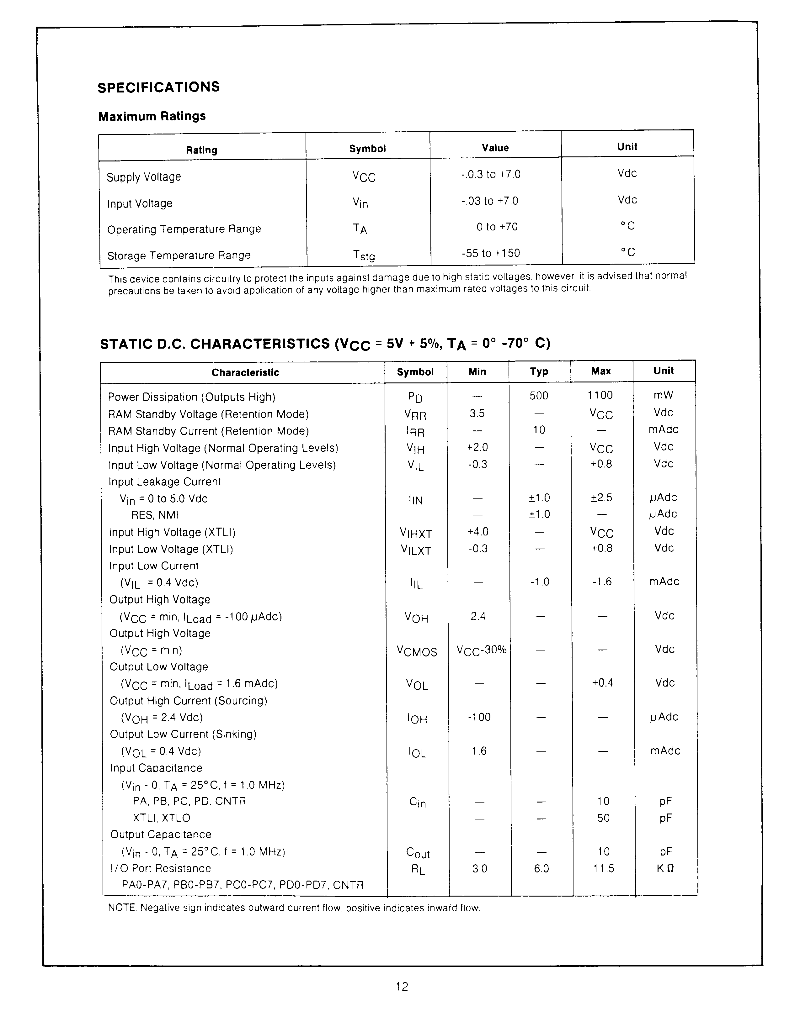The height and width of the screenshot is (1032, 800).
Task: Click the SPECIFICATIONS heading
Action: (158, 87)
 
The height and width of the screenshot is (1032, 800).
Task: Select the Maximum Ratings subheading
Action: (152, 116)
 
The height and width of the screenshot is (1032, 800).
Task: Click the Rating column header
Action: (201, 150)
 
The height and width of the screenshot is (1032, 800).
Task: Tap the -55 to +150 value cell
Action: (490, 253)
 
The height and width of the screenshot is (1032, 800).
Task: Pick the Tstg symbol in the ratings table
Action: (364, 255)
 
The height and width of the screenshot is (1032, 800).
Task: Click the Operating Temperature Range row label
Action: (184, 229)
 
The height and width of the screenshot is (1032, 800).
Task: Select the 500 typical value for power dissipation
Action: (539, 396)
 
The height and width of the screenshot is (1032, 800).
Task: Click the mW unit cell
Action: (663, 395)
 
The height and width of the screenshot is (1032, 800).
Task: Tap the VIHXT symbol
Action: (416, 534)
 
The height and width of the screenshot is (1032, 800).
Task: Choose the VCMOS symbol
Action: (417, 652)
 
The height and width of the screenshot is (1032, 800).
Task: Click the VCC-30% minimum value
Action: (481, 650)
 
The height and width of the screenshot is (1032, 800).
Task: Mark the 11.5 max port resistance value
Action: (603, 868)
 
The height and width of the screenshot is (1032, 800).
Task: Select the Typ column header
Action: (539, 371)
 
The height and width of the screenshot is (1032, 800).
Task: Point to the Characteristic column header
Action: (245, 372)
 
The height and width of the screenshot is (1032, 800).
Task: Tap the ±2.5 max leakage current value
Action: (601, 498)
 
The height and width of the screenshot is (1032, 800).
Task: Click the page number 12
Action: (402, 987)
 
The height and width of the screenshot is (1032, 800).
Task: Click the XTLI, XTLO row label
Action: (161, 818)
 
